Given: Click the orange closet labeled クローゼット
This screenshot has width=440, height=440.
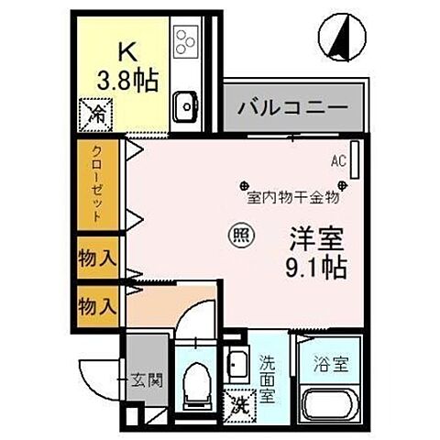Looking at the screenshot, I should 95,185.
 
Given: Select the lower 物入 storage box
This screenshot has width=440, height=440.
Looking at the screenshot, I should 96,302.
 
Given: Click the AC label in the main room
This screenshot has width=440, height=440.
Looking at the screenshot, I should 338,162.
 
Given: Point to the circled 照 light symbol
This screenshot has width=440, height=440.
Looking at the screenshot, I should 236,236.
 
